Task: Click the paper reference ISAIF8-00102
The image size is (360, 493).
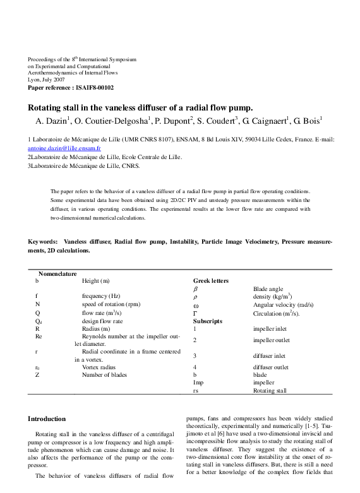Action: (x=71, y=87)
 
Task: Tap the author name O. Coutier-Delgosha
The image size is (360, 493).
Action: (x=115, y=119)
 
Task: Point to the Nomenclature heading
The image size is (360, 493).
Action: (x=57, y=273)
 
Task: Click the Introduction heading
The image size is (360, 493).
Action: (x=47, y=419)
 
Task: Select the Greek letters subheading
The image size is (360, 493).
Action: (x=210, y=281)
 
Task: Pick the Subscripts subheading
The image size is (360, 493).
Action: (x=208, y=321)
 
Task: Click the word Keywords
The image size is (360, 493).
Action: (x=43, y=242)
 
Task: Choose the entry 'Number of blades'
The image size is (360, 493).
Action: (x=104, y=375)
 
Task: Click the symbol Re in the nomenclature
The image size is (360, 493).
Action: (x=39, y=336)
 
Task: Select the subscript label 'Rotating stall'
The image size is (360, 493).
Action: (x=269, y=391)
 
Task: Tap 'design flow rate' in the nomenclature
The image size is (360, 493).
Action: (x=102, y=321)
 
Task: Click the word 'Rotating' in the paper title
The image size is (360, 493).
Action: (x=51, y=107)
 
